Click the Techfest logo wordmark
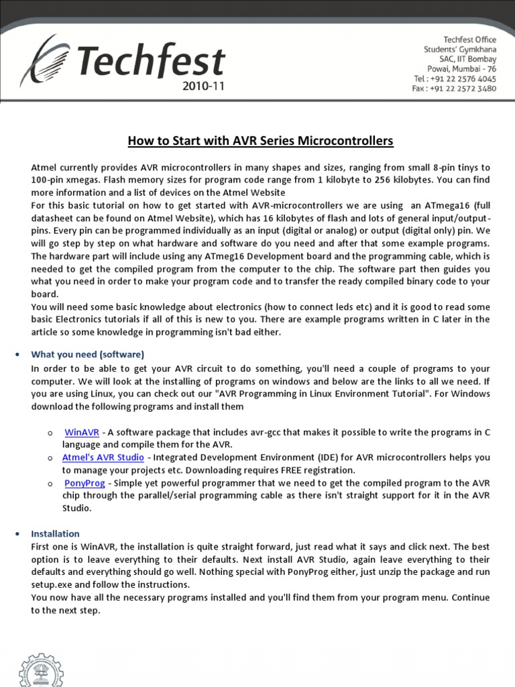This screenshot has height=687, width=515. [x=151, y=62]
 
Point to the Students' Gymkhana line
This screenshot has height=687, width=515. [x=460, y=50]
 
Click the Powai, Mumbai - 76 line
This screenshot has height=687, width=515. [x=461, y=68]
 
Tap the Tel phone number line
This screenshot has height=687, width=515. [x=455, y=78]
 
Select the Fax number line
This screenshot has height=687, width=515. [x=454, y=88]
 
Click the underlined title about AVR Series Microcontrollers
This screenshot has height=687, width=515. [x=260, y=141]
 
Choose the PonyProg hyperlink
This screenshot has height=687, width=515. [x=83, y=483]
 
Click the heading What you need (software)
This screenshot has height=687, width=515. [x=87, y=354]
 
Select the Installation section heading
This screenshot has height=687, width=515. [x=55, y=534]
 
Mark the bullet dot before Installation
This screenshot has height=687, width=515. [x=17, y=534]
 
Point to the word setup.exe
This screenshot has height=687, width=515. [x=52, y=585]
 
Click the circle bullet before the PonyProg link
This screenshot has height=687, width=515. [x=50, y=483]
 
